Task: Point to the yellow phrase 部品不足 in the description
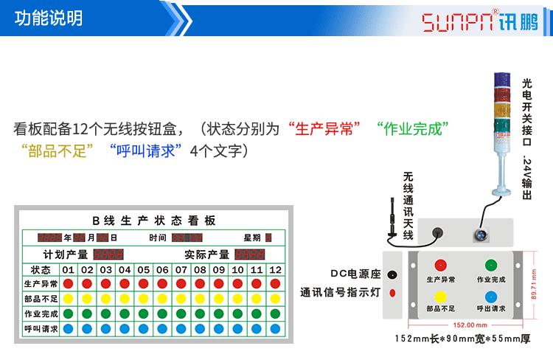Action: point(59,151)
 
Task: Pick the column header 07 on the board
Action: point(181,269)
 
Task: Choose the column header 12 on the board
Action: point(275,269)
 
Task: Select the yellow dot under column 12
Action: point(275,299)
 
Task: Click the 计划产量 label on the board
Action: point(66,254)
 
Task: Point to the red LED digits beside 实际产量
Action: point(250,254)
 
